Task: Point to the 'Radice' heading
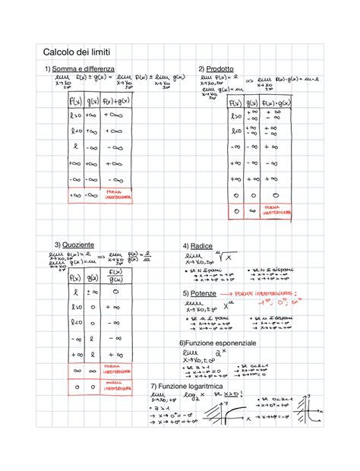click(x=201, y=247)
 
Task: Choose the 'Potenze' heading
click(x=201, y=292)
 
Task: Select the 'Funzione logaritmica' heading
click(x=190, y=387)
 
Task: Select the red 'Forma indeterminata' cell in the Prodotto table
click(x=276, y=213)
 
